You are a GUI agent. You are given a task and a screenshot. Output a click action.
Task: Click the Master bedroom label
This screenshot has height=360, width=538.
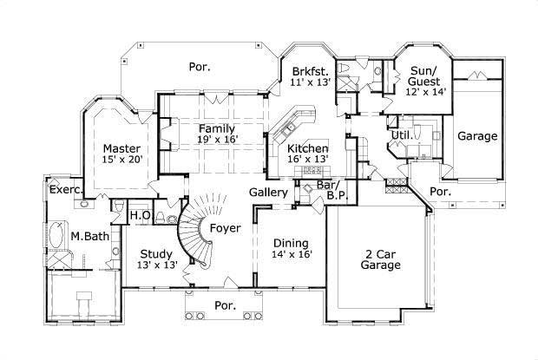click(121, 148)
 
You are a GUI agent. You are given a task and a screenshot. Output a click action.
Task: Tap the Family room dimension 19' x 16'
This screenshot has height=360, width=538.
click(205, 138)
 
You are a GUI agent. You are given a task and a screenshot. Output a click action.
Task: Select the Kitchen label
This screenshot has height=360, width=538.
click(307, 148)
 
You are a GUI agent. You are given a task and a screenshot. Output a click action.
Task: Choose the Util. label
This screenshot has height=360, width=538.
click(400, 135)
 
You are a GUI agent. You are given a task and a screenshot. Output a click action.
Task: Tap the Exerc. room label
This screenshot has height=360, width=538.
click(66, 188)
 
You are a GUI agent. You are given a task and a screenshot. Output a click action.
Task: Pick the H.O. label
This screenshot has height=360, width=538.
click(141, 215)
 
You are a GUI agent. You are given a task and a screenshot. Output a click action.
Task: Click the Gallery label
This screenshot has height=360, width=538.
click(268, 191)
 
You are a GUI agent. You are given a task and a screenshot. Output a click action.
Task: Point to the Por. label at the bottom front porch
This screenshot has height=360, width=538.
click(226, 305)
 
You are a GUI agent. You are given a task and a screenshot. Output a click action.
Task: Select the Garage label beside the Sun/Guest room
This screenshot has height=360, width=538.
click(477, 136)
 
